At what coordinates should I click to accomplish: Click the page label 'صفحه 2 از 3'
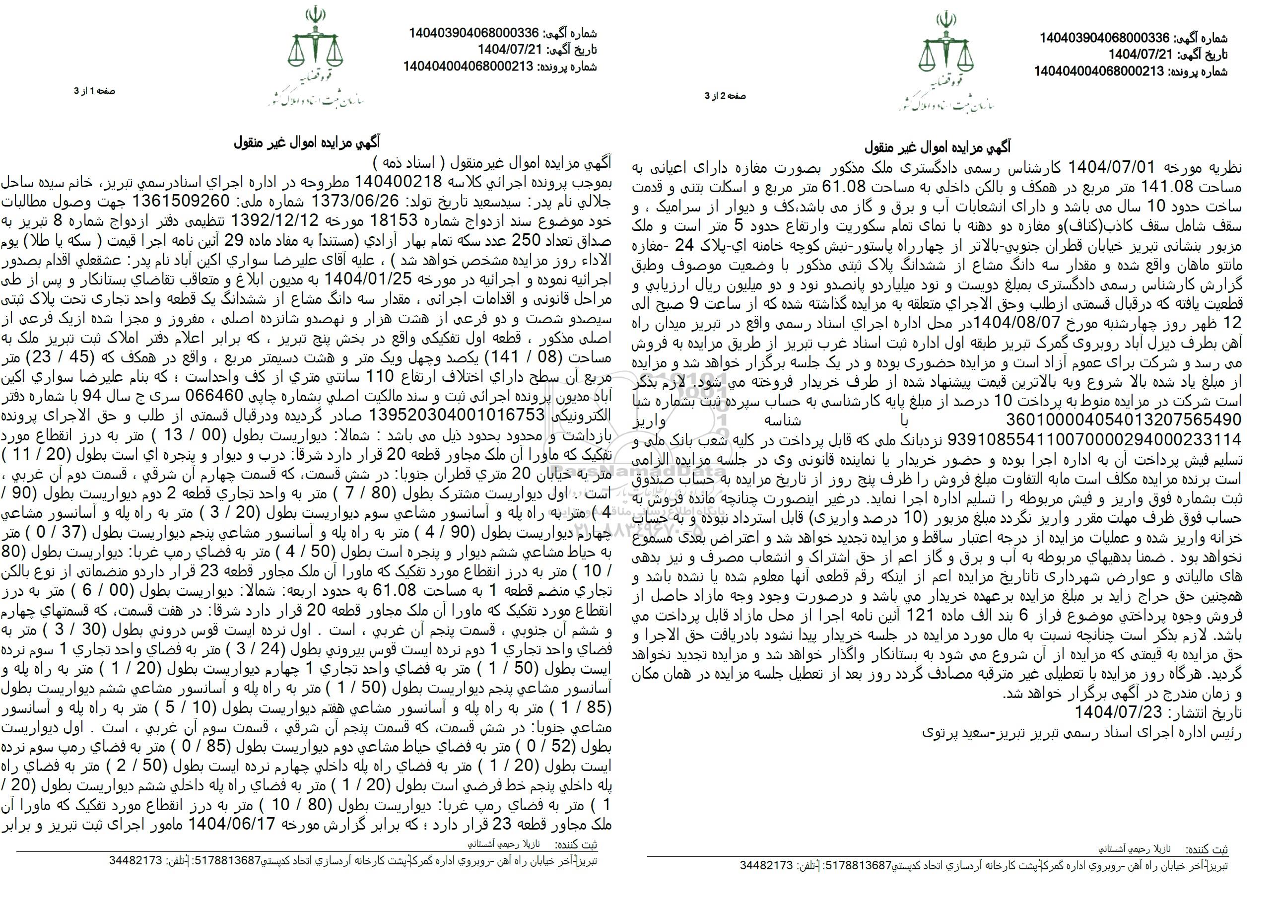725,96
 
